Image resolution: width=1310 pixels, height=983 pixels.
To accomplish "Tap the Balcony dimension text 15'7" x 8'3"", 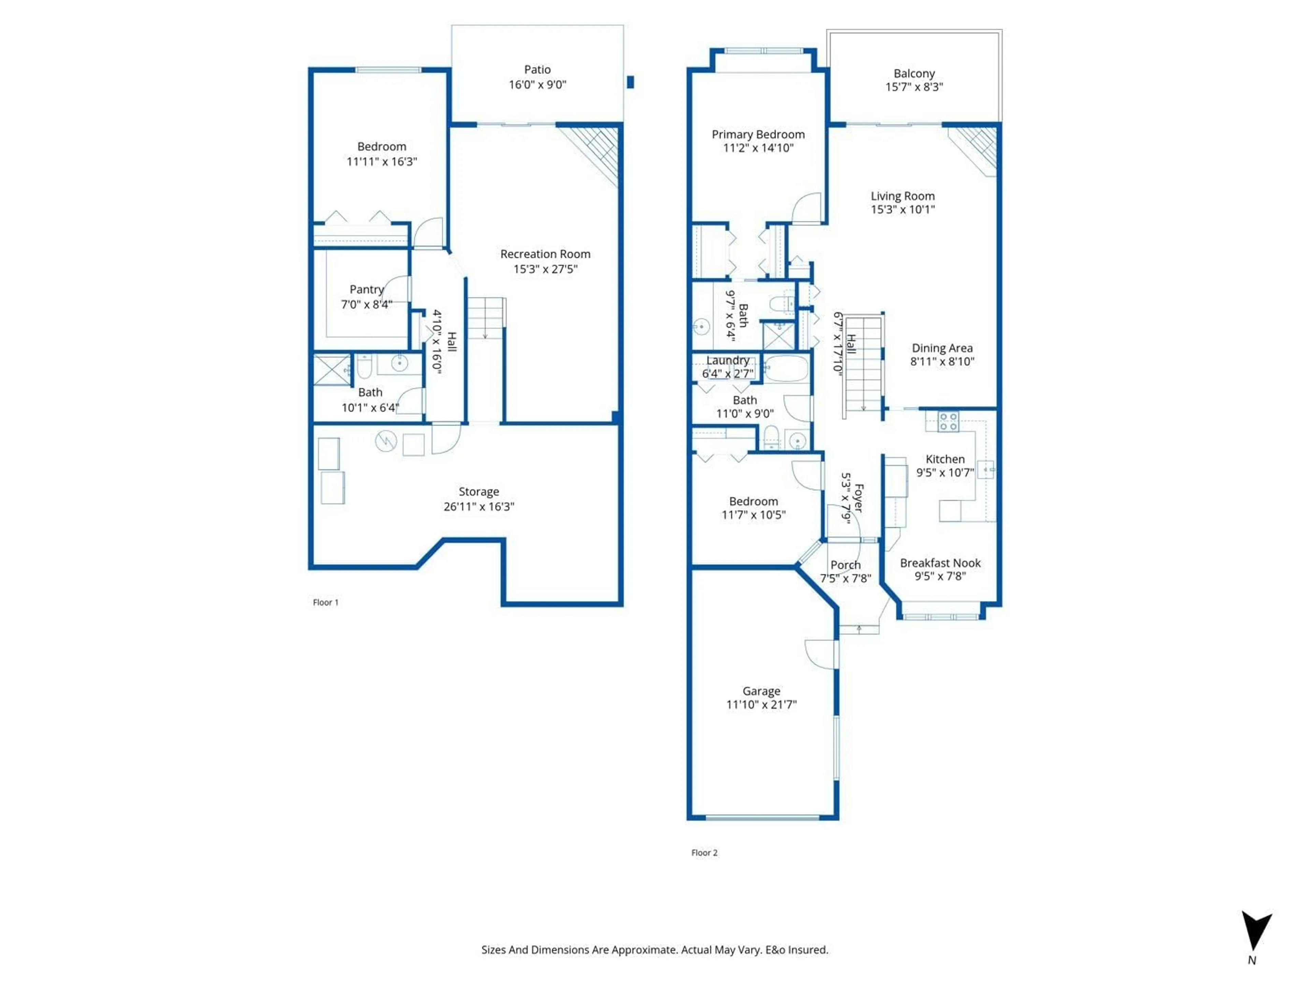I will pos(914,87).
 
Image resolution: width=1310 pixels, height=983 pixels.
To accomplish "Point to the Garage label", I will pos(761,691).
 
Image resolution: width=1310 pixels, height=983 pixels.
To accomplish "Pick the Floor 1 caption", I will pos(325,602).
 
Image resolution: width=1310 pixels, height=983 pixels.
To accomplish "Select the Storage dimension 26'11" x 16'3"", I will pos(479,507).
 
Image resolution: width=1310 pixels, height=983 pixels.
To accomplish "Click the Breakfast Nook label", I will pos(940,563).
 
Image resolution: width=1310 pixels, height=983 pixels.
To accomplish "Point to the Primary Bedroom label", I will pos(758,134).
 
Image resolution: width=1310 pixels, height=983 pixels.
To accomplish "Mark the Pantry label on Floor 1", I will pos(366,289).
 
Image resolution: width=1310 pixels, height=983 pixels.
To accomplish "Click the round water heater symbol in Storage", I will pos(385,441).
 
